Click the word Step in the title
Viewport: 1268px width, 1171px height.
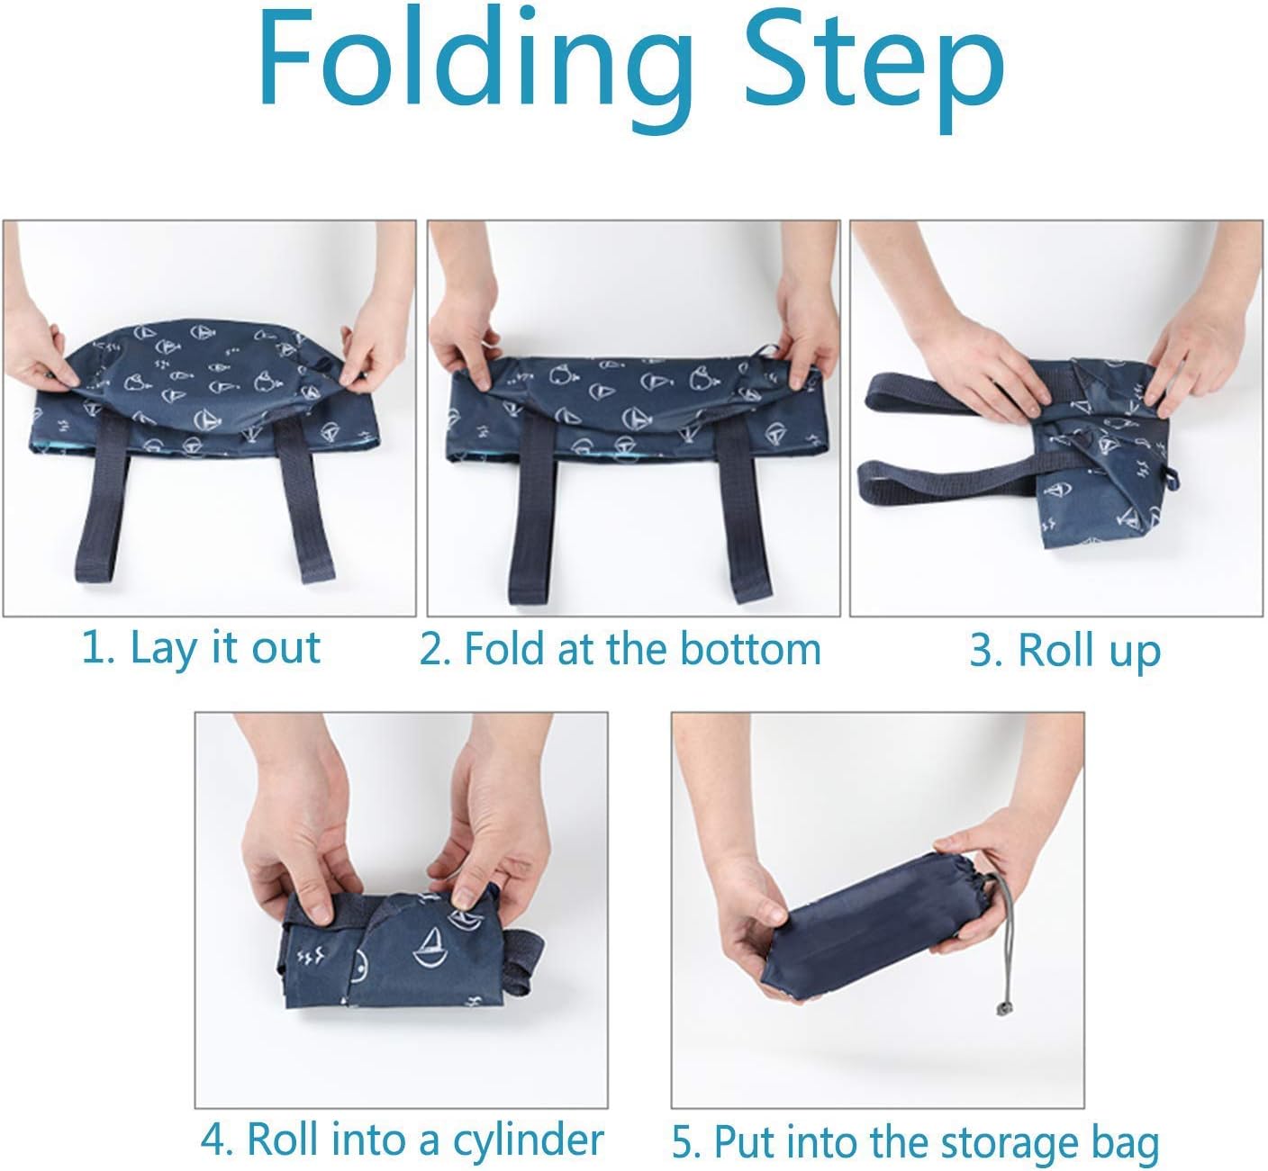(x=874, y=69)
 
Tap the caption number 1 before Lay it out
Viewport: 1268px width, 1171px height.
(x=96, y=648)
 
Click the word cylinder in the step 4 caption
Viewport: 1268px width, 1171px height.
(x=528, y=1140)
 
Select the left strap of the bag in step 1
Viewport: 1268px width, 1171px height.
(x=102, y=498)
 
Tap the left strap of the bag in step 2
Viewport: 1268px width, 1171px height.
(x=532, y=508)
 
